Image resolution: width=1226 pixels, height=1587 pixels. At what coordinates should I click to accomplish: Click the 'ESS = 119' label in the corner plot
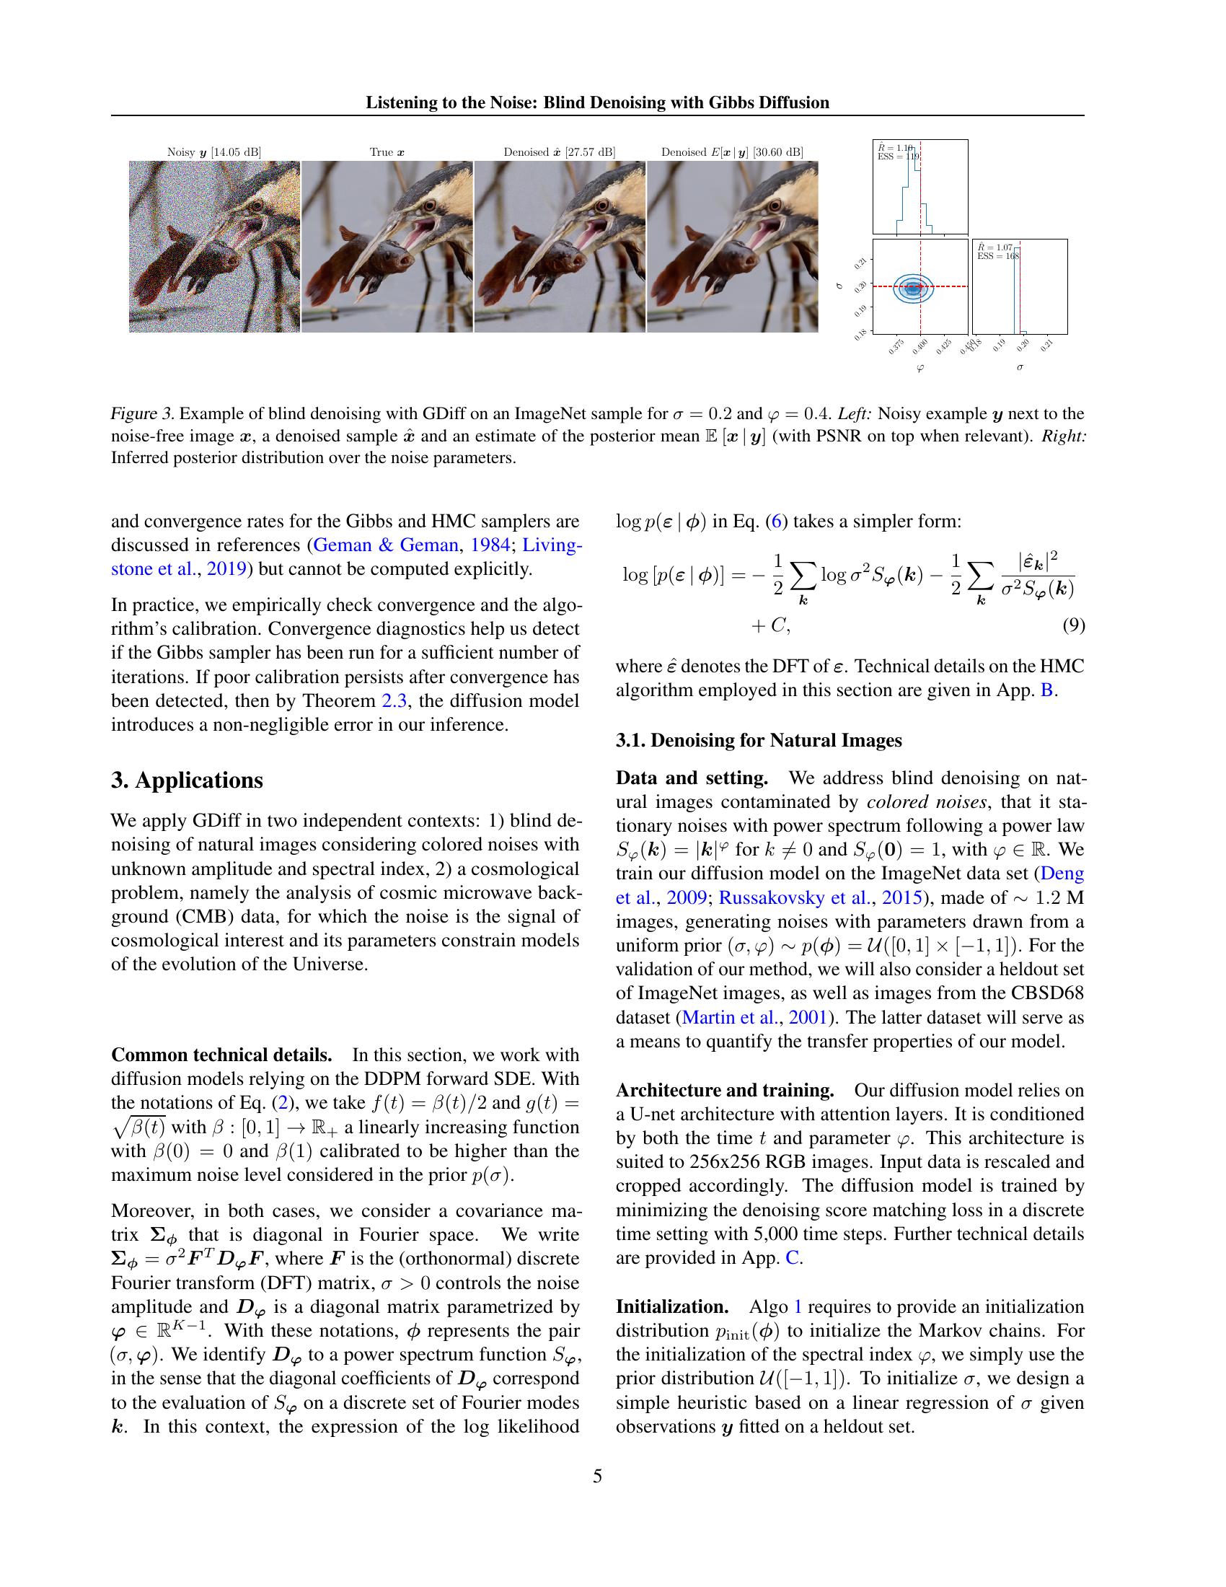pyautogui.click(x=899, y=157)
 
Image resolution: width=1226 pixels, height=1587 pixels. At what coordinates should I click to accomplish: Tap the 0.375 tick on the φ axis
pyautogui.click(x=896, y=345)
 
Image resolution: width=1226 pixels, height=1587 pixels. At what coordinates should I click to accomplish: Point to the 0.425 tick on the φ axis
pyautogui.click(x=943, y=345)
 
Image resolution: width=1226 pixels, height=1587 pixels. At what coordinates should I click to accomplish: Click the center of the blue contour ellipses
pyautogui.click(x=914, y=288)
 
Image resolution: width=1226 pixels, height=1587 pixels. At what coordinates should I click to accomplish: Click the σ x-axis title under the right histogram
pyautogui.click(x=1020, y=368)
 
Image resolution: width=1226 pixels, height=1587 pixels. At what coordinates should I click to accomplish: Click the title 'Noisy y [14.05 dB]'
pyautogui.click(x=213, y=152)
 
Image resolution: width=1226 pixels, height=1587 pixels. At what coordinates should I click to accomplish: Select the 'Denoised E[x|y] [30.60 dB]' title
pyautogui.click(x=731, y=152)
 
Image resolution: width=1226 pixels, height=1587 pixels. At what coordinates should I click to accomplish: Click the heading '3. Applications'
pyautogui.click(x=187, y=781)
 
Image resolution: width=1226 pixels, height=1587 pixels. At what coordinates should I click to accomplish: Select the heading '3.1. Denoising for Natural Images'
pyautogui.click(x=758, y=740)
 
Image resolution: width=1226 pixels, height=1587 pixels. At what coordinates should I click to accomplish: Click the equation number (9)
pyautogui.click(x=1074, y=625)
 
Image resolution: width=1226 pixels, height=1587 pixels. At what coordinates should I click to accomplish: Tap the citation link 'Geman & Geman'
pyautogui.click(x=386, y=545)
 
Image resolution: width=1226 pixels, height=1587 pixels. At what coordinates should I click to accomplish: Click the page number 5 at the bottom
pyautogui.click(x=597, y=1476)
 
